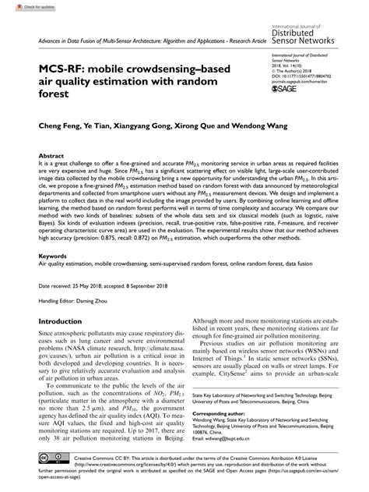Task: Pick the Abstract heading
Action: [x=51, y=156]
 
